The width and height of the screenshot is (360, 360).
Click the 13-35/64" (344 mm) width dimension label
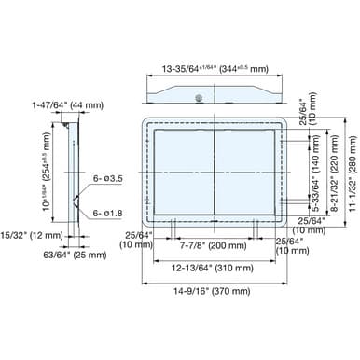point(215,69)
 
